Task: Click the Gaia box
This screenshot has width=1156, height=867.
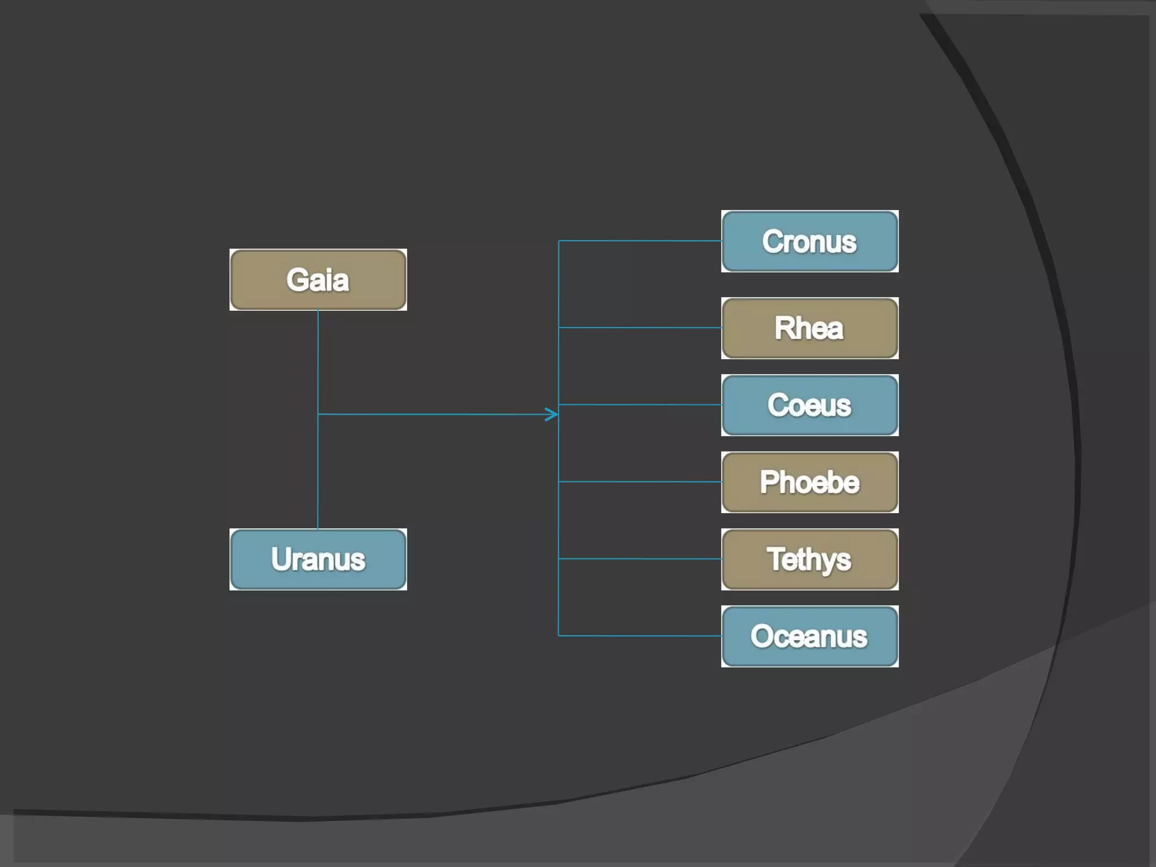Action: [x=318, y=280]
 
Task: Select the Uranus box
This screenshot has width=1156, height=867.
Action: [x=318, y=559]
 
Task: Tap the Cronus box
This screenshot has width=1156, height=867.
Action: [x=809, y=241]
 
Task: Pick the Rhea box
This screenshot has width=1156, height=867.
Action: [x=809, y=328]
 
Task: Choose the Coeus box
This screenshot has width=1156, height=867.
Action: [x=809, y=405]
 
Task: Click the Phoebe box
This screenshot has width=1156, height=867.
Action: [x=809, y=482]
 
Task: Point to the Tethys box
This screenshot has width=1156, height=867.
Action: [x=809, y=559]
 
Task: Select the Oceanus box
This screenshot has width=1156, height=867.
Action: [x=809, y=636]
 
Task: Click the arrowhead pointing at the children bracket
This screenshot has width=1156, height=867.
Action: [x=553, y=414]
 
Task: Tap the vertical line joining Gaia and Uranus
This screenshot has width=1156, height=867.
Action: [x=318, y=367]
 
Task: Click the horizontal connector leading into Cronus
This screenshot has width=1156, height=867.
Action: [x=638, y=241]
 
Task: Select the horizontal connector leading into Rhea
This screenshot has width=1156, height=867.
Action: [x=638, y=327]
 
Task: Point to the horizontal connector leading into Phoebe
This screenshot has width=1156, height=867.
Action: [x=638, y=481]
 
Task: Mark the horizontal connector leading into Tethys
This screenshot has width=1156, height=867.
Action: [x=638, y=559]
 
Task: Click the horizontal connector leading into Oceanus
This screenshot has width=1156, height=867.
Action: [x=638, y=636]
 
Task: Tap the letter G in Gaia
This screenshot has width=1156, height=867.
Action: [x=297, y=280]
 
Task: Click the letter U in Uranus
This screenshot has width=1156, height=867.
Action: [x=282, y=559]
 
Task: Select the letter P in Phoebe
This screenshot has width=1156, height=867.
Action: [x=769, y=481]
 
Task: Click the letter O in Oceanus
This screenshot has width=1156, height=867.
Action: [x=763, y=636]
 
